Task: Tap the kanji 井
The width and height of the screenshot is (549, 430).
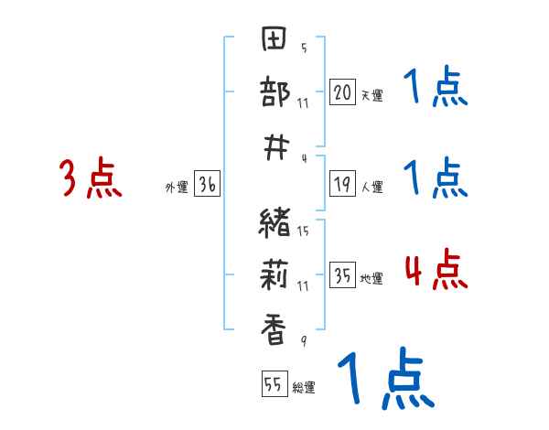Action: pyautogui.click(x=275, y=145)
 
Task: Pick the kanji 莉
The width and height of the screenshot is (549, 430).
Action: pyautogui.click(x=275, y=274)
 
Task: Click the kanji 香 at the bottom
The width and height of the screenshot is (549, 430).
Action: pyautogui.click(x=275, y=328)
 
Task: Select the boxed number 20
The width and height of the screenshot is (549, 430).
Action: pyautogui.click(x=342, y=91)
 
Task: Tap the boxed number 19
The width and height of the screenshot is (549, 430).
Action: pyautogui.click(x=342, y=185)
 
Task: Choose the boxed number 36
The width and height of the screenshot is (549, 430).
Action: pyautogui.click(x=207, y=185)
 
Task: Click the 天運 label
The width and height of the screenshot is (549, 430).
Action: pyautogui.click(x=371, y=95)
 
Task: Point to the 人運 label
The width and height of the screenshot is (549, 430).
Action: pyautogui.click(x=371, y=188)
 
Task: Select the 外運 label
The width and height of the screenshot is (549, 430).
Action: pyautogui.click(x=176, y=188)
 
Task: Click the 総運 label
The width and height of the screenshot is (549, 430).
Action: pyautogui.click(x=303, y=388)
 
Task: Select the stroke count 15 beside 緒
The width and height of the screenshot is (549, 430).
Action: pyautogui.click(x=303, y=231)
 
